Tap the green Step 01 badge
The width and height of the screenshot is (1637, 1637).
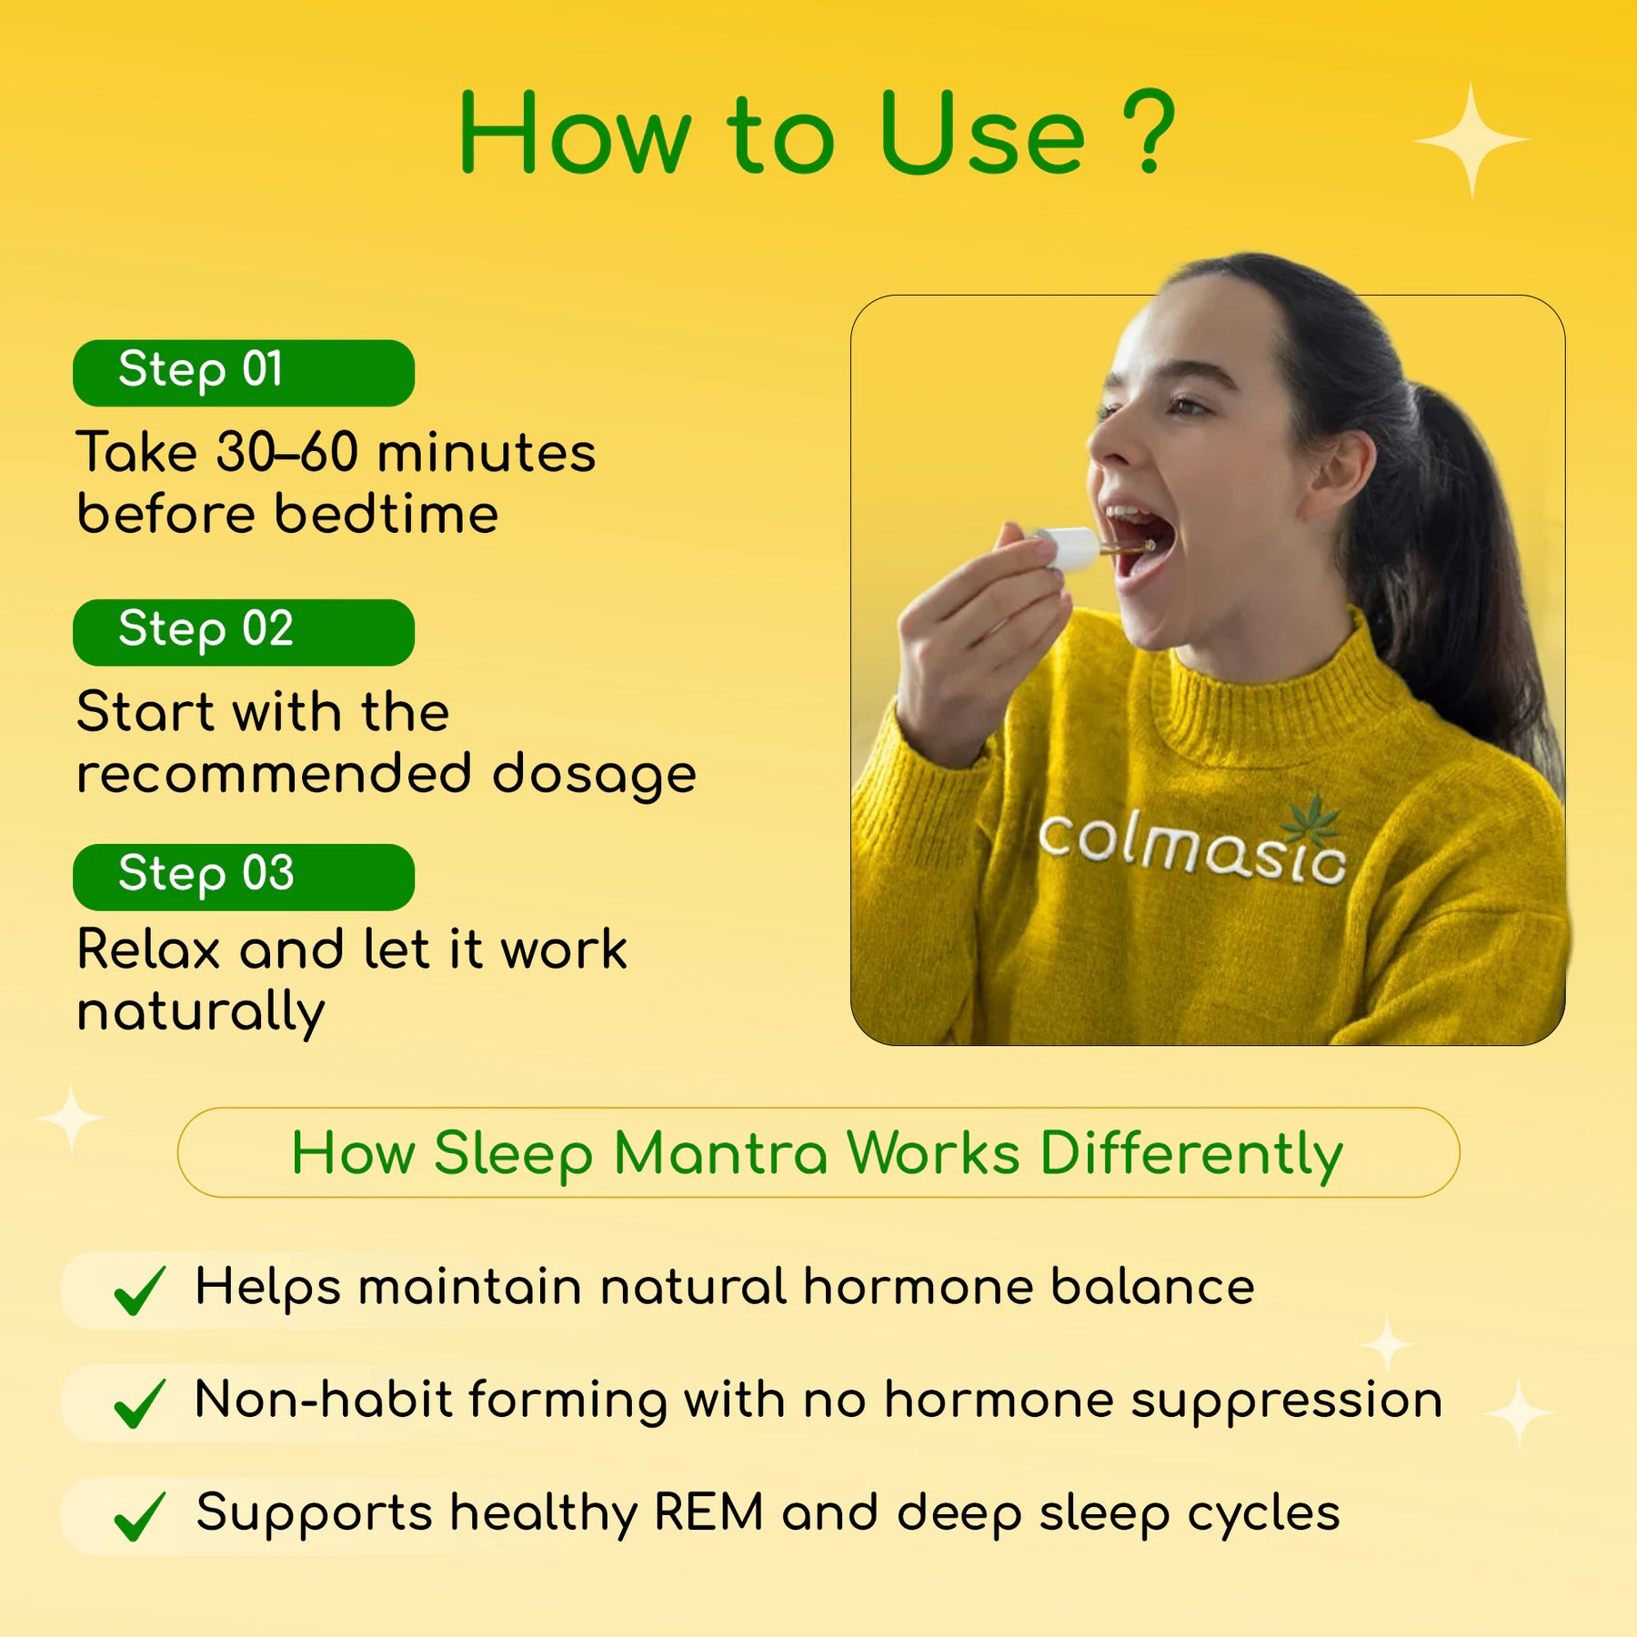(x=244, y=373)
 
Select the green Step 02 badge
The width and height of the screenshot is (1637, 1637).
(x=244, y=632)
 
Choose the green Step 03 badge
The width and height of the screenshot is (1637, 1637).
(x=244, y=877)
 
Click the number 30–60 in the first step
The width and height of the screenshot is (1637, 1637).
(x=287, y=453)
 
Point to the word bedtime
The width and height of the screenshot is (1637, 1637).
(x=387, y=515)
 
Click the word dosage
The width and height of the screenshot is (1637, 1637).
(x=594, y=775)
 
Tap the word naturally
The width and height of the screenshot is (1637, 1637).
(x=201, y=1012)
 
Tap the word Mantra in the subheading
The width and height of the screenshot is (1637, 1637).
(x=720, y=1153)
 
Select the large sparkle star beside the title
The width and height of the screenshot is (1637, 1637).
(x=1471, y=140)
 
